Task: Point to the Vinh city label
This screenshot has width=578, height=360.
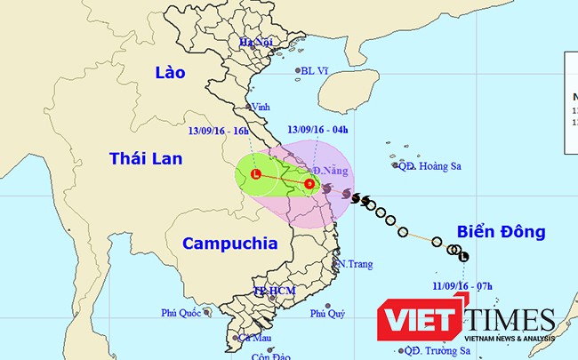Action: pyautogui.click(x=261, y=107)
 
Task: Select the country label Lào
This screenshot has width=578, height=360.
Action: pyautogui.click(x=169, y=72)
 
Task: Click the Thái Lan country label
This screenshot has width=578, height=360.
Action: pyautogui.click(x=146, y=158)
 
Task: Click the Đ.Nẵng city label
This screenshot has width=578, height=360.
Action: pyautogui.click(x=328, y=170)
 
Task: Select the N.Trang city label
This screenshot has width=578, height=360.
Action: pyautogui.click(x=353, y=264)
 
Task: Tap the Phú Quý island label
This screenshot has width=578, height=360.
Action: pyautogui.click(x=328, y=313)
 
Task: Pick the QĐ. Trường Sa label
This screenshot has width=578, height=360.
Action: pyautogui.click(x=438, y=350)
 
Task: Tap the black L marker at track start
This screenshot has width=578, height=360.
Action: pyautogui.click(x=464, y=257)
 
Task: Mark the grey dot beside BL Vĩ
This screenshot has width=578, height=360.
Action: pyautogui.click(x=296, y=70)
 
